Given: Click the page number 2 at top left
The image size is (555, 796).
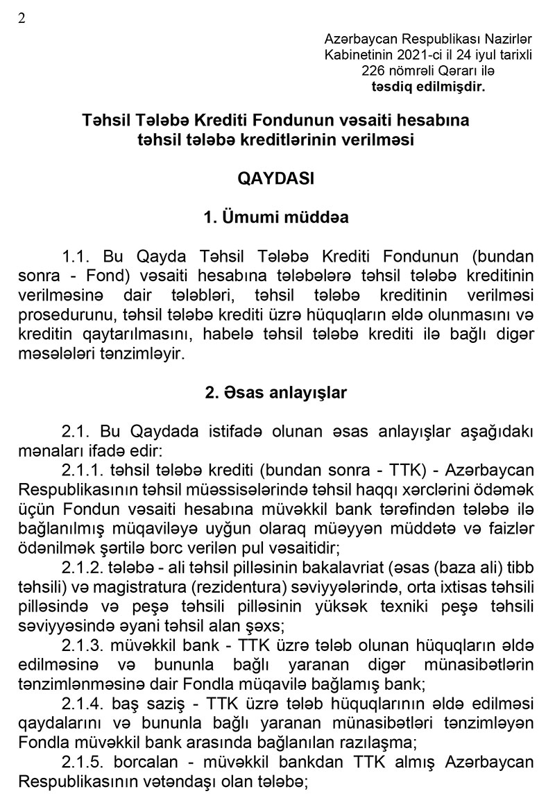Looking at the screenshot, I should (x=22, y=19).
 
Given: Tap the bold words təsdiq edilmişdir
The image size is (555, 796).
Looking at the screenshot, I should (x=429, y=87).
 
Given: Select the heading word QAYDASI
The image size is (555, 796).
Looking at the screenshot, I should (x=276, y=178).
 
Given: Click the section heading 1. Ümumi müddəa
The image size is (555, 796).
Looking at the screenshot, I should (x=276, y=217).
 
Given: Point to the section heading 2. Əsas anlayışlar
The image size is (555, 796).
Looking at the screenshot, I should (x=276, y=392).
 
